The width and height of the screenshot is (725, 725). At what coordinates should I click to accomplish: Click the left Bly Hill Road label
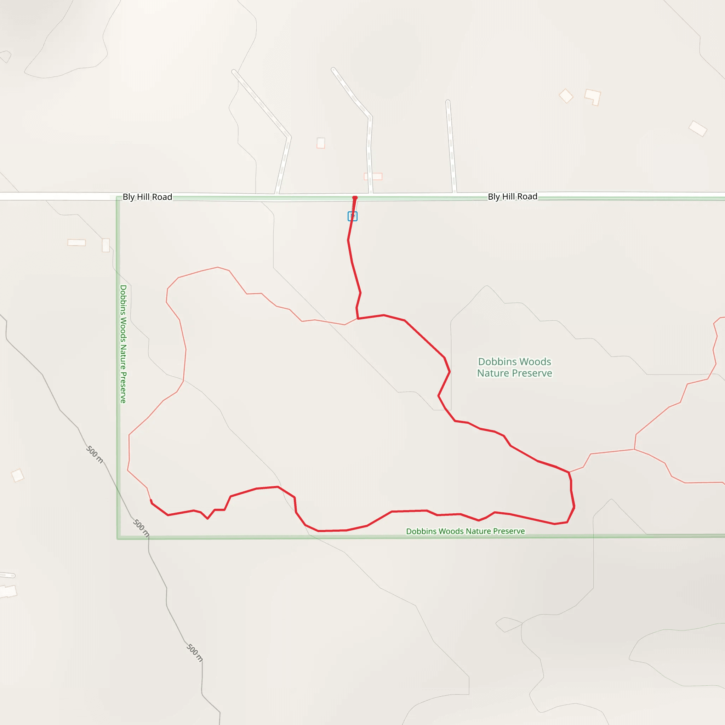(148, 197)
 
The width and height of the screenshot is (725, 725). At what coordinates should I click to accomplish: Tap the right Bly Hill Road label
(513, 196)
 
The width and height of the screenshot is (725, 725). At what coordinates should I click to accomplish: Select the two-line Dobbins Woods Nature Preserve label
(514, 367)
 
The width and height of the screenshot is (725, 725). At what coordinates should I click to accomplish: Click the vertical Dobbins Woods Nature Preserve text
(123, 344)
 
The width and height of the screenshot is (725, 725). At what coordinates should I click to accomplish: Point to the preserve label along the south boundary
(465, 531)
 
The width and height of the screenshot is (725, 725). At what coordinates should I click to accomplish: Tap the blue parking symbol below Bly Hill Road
(352, 216)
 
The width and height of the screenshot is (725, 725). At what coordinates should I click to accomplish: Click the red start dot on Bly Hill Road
(355, 198)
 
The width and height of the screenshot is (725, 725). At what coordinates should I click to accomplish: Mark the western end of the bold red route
(151, 501)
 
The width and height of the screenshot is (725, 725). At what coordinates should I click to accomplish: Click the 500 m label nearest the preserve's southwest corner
(141, 528)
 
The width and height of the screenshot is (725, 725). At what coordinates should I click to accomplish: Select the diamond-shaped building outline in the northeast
(566, 96)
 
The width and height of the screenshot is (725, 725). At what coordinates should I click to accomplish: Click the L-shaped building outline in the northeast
(593, 97)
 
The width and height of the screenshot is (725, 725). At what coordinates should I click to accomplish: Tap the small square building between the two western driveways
(321, 143)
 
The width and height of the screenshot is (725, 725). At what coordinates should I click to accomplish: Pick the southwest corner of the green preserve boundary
(119, 538)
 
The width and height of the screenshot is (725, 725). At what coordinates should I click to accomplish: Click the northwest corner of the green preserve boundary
(119, 199)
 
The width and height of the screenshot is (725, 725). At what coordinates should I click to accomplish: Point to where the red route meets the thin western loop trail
(358, 319)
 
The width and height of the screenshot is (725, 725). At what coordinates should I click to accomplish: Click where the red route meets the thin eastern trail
(569, 472)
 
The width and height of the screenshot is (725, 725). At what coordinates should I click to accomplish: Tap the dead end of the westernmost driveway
(234, 71)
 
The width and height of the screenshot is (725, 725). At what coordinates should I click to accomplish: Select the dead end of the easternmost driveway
(448, 102)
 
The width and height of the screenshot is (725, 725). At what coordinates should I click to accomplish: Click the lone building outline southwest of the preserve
(18, 475)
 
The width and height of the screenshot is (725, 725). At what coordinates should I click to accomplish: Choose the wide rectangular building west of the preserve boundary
(76, 242)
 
